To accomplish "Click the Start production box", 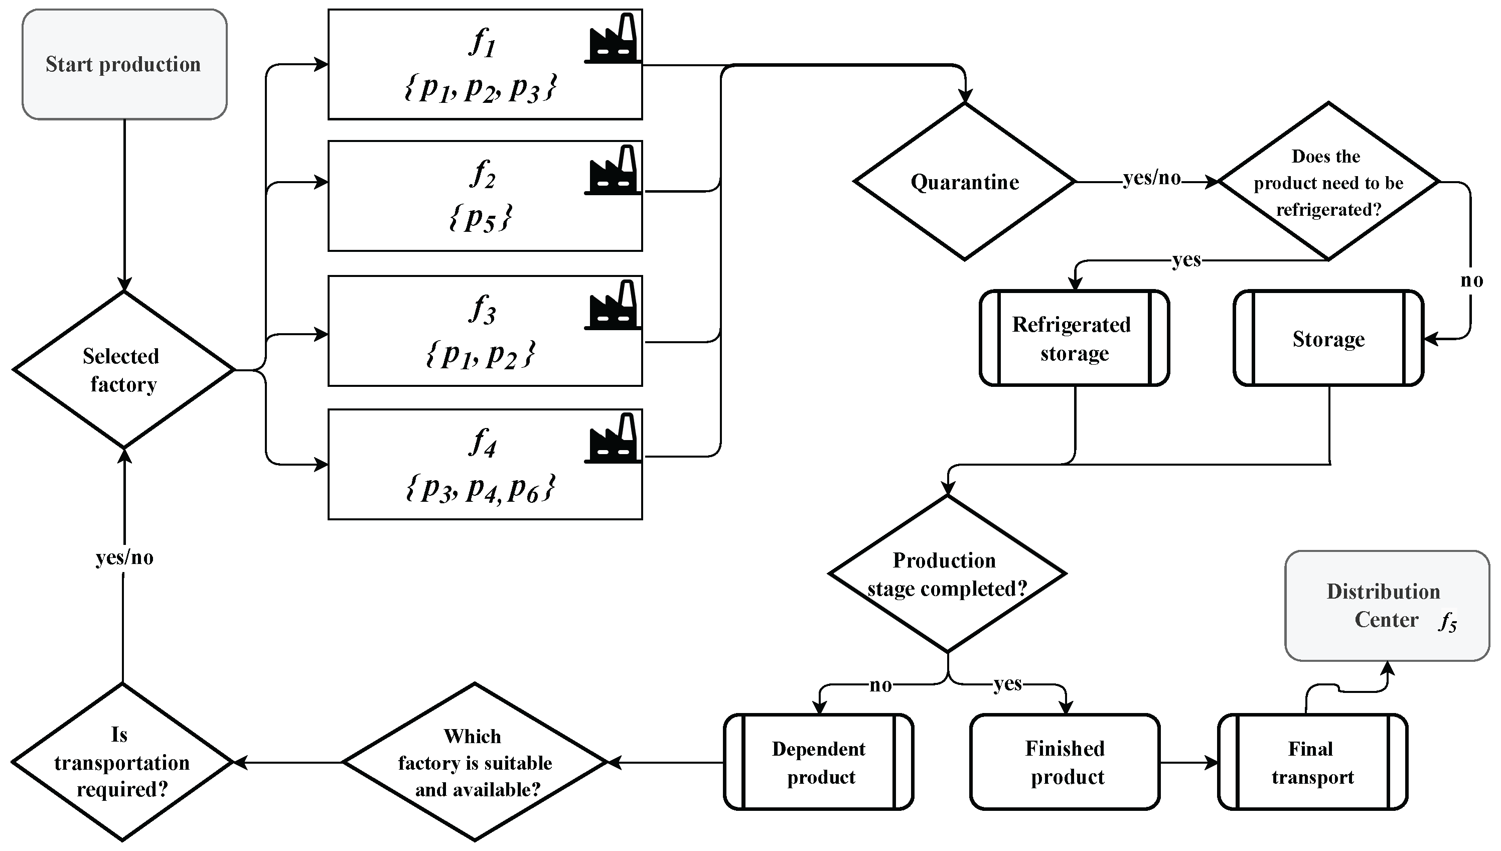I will click(124, 64).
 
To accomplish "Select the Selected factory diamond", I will click(123, 370).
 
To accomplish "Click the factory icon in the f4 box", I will click(613, 439).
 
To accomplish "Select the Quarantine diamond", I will click(964, 182).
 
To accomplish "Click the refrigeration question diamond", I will click(1328, 182).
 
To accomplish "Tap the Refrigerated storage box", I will click(1074, 338).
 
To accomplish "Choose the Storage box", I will click(1328, 338).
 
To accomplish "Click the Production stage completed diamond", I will click(947, 574).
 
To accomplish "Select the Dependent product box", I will click(819, 762).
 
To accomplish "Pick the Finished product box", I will click(1065, 762).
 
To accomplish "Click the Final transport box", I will click(1312, 762).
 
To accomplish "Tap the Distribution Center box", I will click(1387, 606).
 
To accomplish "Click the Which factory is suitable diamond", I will click(475, 762).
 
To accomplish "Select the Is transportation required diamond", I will click(122, 762).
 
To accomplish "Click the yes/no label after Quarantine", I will click(1152, 178).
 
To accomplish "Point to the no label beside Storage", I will click(1471, 280).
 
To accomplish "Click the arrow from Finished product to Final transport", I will click(1189, 762).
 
